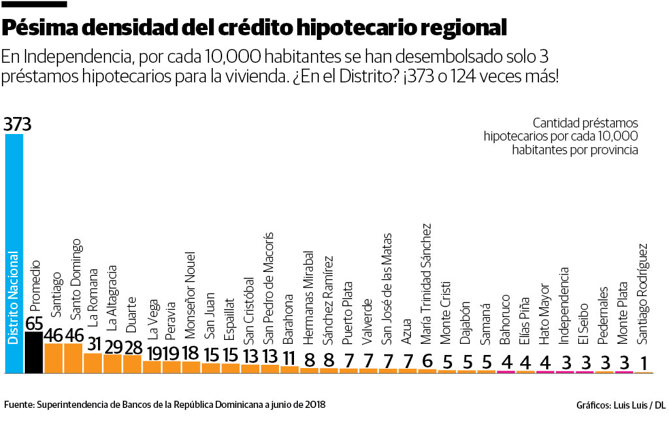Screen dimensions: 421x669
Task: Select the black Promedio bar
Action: click(x=33, y=353)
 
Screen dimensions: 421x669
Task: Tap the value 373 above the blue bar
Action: click(x=17, y=124)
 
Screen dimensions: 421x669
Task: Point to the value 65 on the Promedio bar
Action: click(x=34, y=324)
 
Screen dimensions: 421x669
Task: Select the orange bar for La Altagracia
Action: click(x=113, y=364)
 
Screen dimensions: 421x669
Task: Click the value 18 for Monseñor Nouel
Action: click(x=191, y=353)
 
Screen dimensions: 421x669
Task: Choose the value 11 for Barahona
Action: click(x=289, y=358)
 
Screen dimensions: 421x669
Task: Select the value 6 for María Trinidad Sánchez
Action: click(x=427, y=361)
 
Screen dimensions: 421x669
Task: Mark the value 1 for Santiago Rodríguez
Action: click(x=644, y=363)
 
